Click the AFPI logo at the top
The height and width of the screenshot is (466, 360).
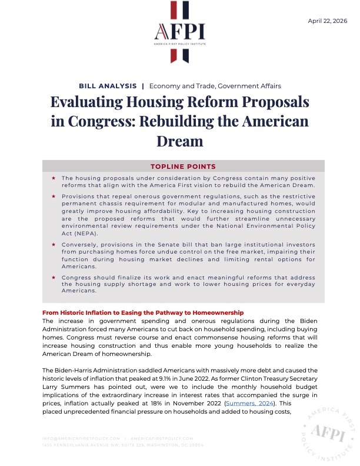tap(179, 32)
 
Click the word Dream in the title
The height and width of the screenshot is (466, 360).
tap(179, 141)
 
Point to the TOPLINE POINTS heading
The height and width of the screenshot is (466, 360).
tap(179, 166)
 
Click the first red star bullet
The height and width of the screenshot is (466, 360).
tap(54, 178)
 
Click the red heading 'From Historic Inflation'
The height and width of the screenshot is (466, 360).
tap(143, 312)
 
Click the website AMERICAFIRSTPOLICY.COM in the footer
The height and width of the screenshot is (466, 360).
tap(162, 438)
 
